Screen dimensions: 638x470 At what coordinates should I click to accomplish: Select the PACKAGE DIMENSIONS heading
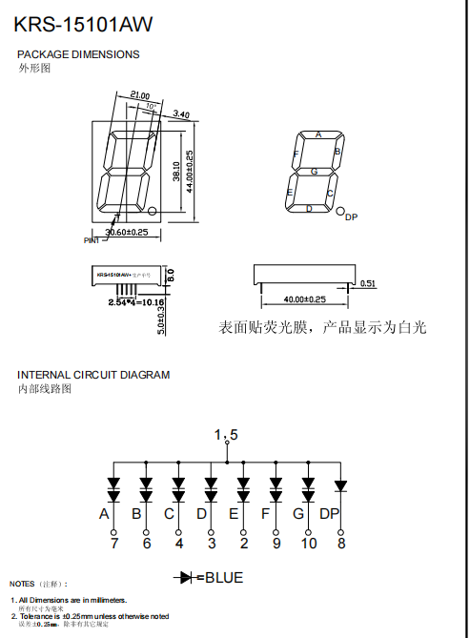(x=78, y=54)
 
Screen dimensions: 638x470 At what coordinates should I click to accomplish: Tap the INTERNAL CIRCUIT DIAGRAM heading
(x=93, y=375)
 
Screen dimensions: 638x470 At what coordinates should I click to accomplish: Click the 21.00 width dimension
(x=140, y=95)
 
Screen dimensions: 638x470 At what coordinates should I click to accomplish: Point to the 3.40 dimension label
(x=180, y=114)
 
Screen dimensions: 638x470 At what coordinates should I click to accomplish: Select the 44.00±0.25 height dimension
(x=190, y=172)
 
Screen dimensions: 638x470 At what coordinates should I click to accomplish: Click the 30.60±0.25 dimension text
(x=126, y=232)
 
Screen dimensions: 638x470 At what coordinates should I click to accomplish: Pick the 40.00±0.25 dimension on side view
(x=304, y=299)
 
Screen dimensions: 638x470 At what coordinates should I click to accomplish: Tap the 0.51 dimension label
(x=369, y=283)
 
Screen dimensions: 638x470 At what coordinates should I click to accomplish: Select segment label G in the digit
(x=314, y=171)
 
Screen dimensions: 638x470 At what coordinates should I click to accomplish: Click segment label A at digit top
(x=318, y=134)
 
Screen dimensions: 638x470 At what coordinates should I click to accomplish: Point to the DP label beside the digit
(x=351, y=217)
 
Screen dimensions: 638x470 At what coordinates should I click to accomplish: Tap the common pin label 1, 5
(x=226, y=435)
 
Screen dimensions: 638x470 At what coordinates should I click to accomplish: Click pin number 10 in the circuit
(x=309, y=544)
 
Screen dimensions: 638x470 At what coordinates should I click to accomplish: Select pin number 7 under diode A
(x=113, y=544)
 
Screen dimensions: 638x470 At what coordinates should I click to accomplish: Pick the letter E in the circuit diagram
(x=234, y=514)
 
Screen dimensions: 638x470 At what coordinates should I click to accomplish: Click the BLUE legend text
(x=224, y=578)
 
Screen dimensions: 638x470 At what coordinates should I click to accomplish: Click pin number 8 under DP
(x=341, y=544)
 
